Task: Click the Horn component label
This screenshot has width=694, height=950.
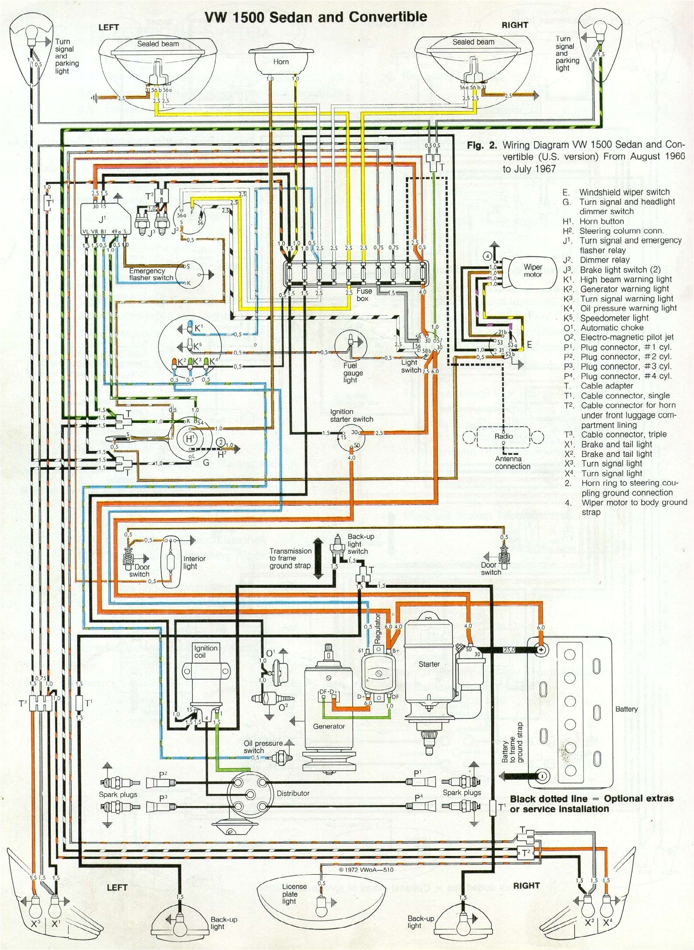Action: coord(281,62)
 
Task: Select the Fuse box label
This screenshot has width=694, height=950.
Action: coord(364,295)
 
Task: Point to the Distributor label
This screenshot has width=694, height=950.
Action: coord(293,793)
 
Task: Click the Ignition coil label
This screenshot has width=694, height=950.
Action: coord(205,652)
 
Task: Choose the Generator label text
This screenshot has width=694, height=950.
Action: coord(329,726)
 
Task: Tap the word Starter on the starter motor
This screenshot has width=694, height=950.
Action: coord(429,664)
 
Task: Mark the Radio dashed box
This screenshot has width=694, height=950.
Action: coord(503,437)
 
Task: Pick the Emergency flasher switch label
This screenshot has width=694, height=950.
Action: coord(151,274)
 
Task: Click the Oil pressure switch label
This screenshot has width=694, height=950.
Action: coord(263,747)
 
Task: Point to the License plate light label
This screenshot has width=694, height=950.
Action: coord(294,894)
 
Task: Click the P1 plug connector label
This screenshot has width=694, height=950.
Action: coord(418,773)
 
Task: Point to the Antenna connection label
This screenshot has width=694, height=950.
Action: coord(512,462)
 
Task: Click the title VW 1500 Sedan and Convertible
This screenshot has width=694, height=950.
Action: coord(316,17)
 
